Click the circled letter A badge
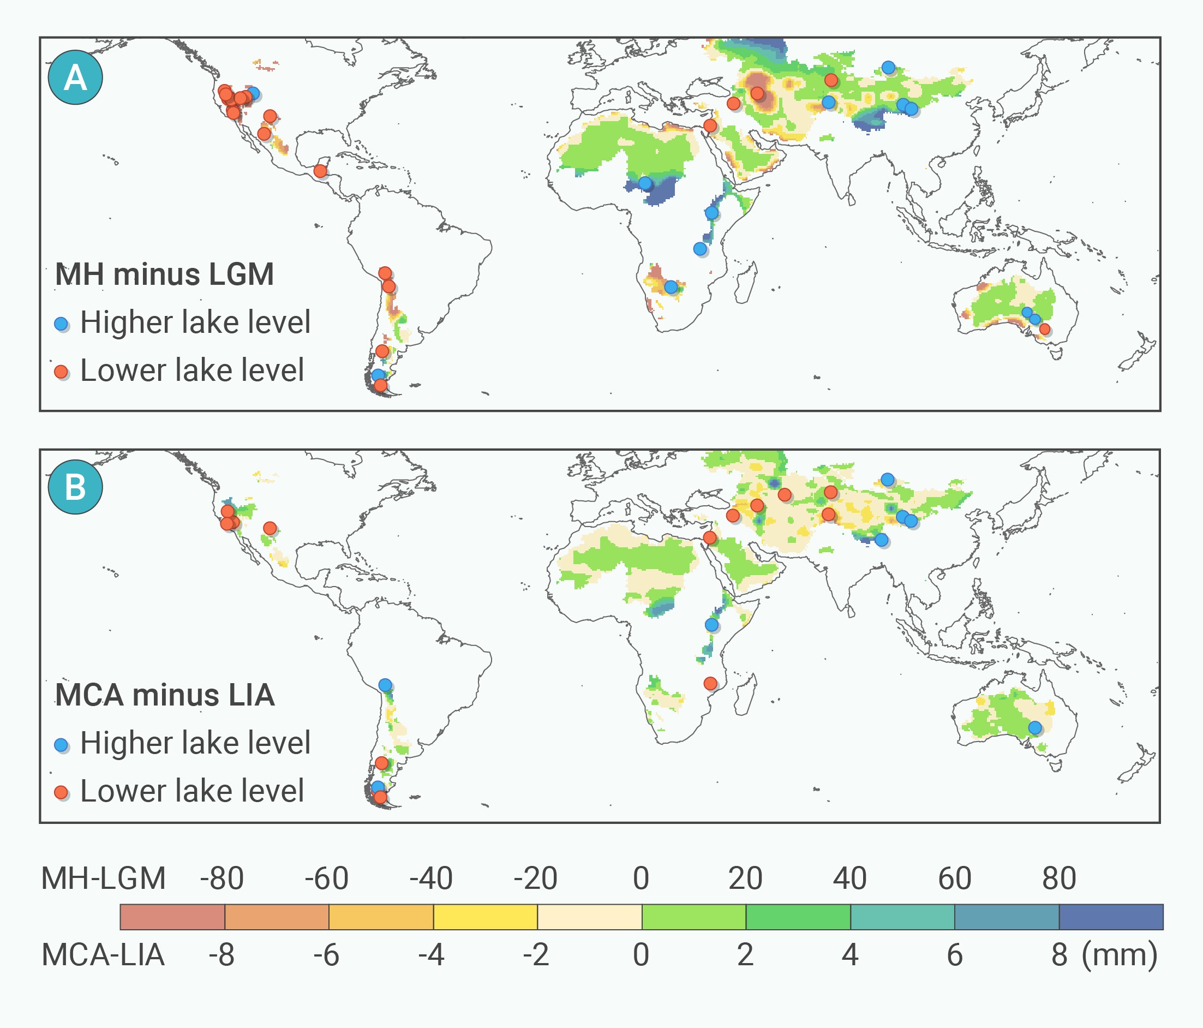coord(75,77)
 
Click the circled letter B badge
coord(75,487)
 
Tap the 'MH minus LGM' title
coord(164,274)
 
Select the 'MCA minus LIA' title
coord(165,695)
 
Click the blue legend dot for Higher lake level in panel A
coord(61,324)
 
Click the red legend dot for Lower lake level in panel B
coord(61,792)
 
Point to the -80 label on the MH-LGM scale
coord(222,878)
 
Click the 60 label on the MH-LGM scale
coord(955,878)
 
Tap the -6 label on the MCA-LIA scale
coord(326,955)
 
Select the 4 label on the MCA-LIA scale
coord(850,955)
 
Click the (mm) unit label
coord(1120,955)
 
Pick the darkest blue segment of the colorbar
coord(1111,917)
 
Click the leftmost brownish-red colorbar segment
coord(172,917)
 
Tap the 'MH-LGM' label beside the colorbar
coord(103,878)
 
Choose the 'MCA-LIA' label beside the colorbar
coord(103,955)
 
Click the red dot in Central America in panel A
coord(320,171)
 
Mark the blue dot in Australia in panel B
coord(1034,727)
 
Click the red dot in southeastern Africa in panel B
coord(710,684)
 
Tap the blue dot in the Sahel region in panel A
coord(645,183)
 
